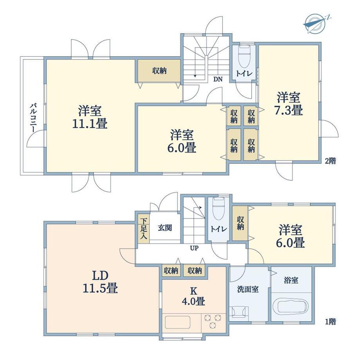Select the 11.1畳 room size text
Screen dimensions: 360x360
point(90,124)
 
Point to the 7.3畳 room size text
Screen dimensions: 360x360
point(289,110)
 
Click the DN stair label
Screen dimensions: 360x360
point(218,79)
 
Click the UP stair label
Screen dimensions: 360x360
point(194,248)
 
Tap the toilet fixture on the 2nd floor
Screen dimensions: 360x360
point(244,56)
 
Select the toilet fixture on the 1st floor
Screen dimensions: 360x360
point(219,209)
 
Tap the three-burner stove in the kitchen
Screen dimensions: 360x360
point(213,321)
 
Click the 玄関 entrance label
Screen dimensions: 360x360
point(165,228)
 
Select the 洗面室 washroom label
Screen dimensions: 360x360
point(248,289)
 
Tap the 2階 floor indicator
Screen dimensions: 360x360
point(330,161)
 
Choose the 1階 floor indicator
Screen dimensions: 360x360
point(330,322)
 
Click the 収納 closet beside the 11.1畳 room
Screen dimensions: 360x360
point(159,70)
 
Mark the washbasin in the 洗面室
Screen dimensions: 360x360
point(239,312)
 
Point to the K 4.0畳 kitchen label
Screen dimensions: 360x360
point(194,296)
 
